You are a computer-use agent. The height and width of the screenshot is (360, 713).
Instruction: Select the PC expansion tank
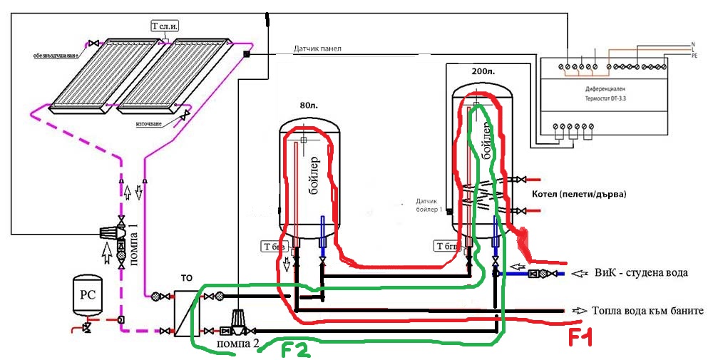(90, 293)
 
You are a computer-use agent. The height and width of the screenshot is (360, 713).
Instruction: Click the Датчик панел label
(318, 49)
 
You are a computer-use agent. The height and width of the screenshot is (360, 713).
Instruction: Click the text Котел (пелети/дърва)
(579, 194)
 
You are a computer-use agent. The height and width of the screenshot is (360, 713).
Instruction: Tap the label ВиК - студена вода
(635, 273)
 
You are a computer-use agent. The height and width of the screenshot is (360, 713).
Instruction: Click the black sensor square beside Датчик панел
(247, 54)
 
